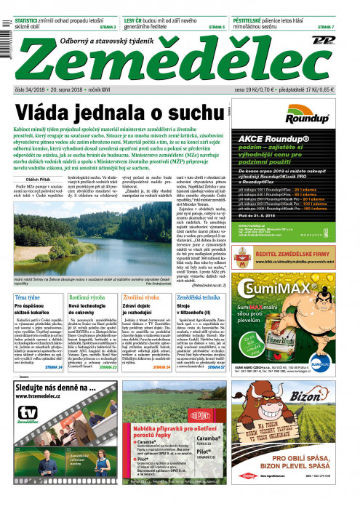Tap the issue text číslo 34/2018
coord(30,89)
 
